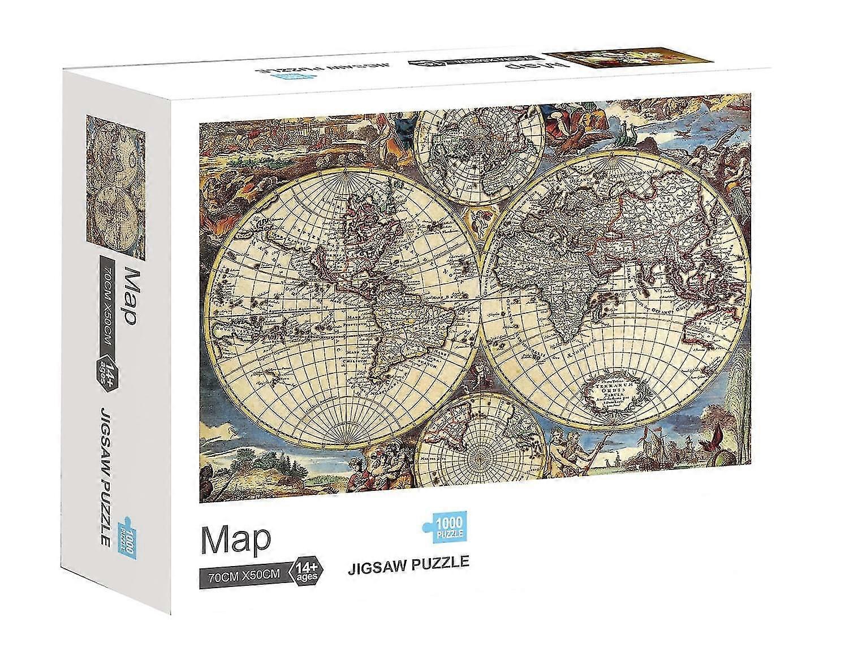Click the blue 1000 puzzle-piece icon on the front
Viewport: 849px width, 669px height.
click(443, 526)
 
